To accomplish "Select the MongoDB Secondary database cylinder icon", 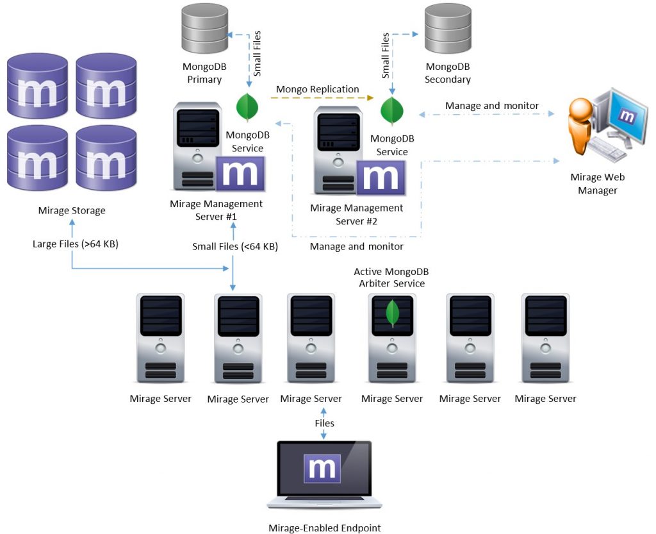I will click(x=448, y=29).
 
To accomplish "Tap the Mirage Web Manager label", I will click(x=597, y=183).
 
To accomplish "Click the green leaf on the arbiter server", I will click(x=392, y=313).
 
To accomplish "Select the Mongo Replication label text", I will click(x=317, y=89).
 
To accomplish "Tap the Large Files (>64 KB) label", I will click(x=76, y=244).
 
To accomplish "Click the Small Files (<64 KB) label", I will click(x=235, y=246).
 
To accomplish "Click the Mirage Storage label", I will click(x=72, y=210).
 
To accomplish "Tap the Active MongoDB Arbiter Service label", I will click(x=389, y=278).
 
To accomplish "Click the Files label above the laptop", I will click(x=324, y=423).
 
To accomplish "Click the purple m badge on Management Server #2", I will click(x=381, y=178).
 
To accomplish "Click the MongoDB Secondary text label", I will click(x=448, y=73).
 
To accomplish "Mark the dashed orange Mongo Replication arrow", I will click(x=320, y=98).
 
